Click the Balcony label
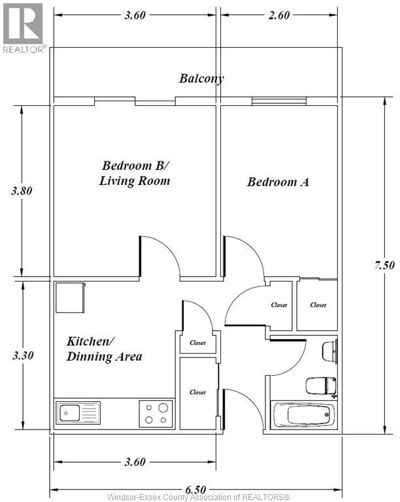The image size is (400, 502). (201, 78)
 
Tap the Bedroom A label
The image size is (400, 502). (278, 182)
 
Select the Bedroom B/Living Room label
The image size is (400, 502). (135, 173)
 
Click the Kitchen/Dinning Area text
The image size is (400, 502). (105, 349)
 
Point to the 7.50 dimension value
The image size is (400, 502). (384, 265)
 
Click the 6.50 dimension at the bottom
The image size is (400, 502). (195, 490)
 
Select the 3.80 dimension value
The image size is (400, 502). (22, 191)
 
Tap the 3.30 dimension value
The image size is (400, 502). (23, 356)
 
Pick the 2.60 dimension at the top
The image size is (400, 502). (279, 15)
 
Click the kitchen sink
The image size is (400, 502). (78, 413)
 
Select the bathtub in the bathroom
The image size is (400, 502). (303, 414)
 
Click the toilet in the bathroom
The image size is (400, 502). (321, 386)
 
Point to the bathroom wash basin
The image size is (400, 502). (329, 352)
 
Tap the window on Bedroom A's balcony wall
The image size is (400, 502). (279, 101)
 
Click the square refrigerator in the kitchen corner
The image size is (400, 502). (71, 297)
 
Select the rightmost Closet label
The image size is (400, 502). (318, 305)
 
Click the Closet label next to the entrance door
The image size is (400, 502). (197, 392)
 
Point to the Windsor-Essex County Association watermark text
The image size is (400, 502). (198, 497)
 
